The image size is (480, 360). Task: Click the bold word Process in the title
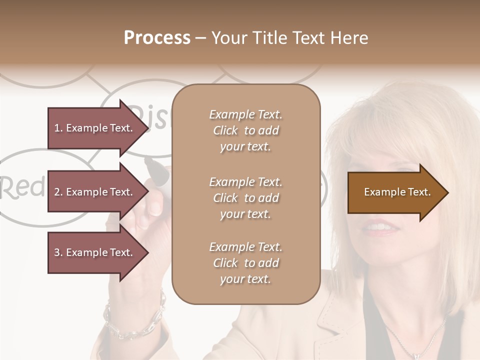click(x=157, y=38)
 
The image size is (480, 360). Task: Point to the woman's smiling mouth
click(x=381, y=227)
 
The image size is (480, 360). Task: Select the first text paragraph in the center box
click(x=245, y=130)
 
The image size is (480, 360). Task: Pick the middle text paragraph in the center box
click(x=245, y=198)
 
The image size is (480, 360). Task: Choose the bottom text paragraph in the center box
click(x=245, y=263)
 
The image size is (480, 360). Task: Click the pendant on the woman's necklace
click(x=415, y=356)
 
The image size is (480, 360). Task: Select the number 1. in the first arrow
click(x=58, y=128)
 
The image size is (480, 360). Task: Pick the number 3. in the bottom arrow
click(x=58, y=252)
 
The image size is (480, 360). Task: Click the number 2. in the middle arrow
click(x=58, y=192)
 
